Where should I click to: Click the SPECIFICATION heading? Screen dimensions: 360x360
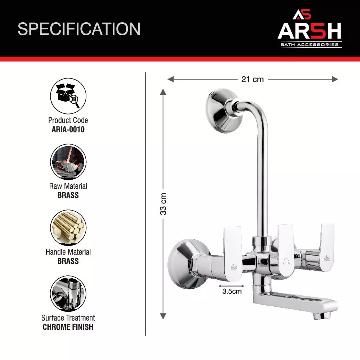79,29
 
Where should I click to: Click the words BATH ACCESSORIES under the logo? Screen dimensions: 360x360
309,45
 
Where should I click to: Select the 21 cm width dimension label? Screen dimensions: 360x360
252,79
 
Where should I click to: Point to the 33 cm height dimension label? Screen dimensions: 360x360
163,203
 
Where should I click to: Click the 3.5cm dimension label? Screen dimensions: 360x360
232,291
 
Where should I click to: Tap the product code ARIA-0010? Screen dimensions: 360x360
68,130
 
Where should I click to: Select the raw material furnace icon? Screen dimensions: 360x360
68,162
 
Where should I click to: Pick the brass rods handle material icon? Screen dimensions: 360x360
68,228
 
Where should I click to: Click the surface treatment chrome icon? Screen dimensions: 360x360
68,294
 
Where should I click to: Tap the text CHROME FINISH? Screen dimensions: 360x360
68,327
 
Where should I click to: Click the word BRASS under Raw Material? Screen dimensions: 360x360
68,195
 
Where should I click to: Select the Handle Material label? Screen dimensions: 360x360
68,252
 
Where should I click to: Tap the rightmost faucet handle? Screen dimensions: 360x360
327,245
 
